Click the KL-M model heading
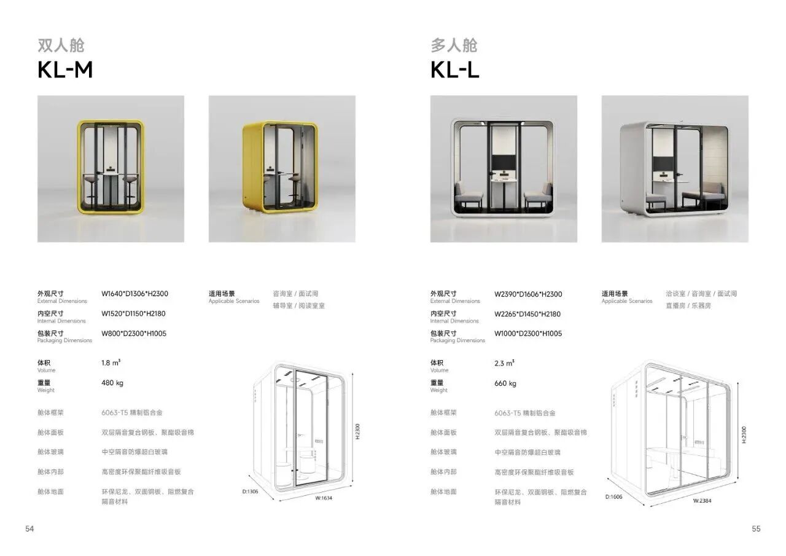pyautogui.click(x=65, y=70)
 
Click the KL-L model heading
pyautogui.click(x=454, y=70)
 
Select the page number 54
pyautogui.click(x=29, y=528)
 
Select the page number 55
pyautogui.click(x=756, y=528)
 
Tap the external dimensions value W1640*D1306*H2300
pyautogui.click(x=134, y=294)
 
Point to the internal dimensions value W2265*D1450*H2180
pyautogui.click(x=527, y=314)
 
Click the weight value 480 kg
pyautogui.click(x=112, y=383)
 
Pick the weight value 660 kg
pyautogui.click(x=505, y=383)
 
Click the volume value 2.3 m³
pyautogui.click(x=504, y=363)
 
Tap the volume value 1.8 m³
pyautogui.click(x=111, y=362)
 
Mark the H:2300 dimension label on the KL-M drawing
pyautogui.click(x=357, y=431)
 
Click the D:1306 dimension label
pyautogui.click(x=250, y=491)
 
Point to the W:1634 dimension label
pyautogui.click(x=324, y=498)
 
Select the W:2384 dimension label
pyautogui.click(x=702, y=501)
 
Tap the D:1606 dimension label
pyautogui.click(x=613, y=496)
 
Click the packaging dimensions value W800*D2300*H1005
pyautogui.click(x=134, y=334)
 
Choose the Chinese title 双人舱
pyautogui.click(x=61, y=45)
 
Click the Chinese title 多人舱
pyautogui.click(x=454, y=45)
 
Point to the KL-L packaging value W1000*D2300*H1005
pyautogui.click(x=528, y=334)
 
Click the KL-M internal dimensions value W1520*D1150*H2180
pyautogui.click(x=133, y=313)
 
